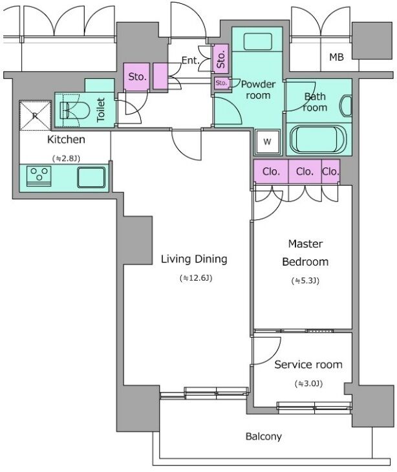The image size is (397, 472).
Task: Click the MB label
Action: click(x=336, y=57)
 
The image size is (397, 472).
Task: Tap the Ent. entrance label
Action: click(x=191, y=61)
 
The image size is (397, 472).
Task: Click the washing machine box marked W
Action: click(x=267, y=142)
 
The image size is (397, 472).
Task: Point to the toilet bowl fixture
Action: click(x=74, y=110)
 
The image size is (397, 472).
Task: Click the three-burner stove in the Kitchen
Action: click(x=39, y=176)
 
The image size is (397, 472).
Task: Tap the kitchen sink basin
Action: click(x=91, y=177)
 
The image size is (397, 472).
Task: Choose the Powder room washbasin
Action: click(x=257, y=41)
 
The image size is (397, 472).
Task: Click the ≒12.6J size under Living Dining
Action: click(x=196, y=278)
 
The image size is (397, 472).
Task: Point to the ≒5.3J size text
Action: click(x=305, y=281)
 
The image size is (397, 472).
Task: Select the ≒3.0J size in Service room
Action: click(x=308, y=384)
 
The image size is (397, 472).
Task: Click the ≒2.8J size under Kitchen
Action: click(x=66, y=158)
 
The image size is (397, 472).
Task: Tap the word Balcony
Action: click(x=264, y=436)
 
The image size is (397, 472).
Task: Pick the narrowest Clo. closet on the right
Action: click(x=330, y=171)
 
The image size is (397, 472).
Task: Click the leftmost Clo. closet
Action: click(x=271, y=171)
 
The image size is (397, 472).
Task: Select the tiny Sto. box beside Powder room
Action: click(x=222, y=83)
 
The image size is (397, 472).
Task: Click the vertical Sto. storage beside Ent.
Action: click(x=221, y=59)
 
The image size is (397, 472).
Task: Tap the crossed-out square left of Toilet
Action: click(x=35, y=116)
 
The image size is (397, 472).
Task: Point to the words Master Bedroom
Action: click(x=305, y=253)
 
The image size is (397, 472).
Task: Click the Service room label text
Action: click(x=308, y=365)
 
